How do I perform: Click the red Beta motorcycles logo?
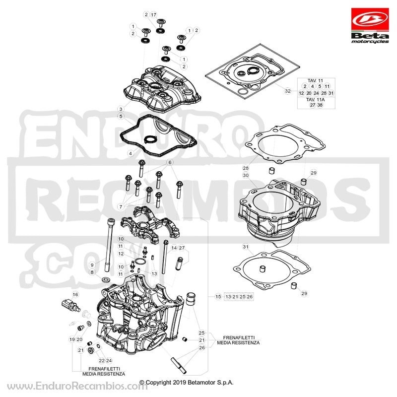tap(370, 25)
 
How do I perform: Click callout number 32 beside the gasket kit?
tap(288, 91)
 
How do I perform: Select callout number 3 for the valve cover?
tap(121, 109)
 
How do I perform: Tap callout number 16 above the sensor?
tap(75, 294)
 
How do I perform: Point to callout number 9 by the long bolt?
tap(92, 265)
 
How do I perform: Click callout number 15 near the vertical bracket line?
tap(218, 296)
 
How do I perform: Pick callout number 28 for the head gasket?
tap(246, 168)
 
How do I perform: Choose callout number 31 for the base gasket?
tap(246, 247)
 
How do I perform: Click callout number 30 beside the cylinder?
tap(246, 175)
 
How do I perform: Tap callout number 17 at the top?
tap(154, 15)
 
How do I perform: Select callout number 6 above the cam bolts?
tap(170, 162)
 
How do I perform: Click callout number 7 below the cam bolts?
tap(121, 207)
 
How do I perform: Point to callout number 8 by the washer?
tap(92, 272)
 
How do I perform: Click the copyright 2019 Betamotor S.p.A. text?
tap(187, 382)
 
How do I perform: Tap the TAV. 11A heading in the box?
tap(315, 100)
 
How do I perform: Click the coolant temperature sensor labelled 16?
tap(71, 305)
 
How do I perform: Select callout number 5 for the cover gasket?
tap(121, 116)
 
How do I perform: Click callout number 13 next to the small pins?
tap(154, 273)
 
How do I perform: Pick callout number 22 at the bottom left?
tap(102, 361)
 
